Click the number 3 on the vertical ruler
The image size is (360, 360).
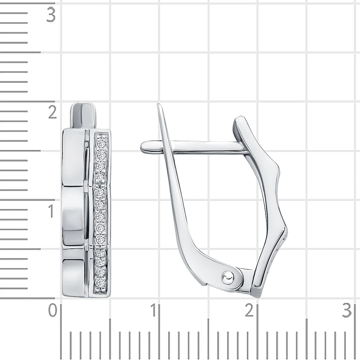51,15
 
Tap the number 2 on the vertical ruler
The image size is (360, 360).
53,112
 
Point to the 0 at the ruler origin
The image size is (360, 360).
53,310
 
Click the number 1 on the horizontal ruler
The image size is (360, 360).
153,310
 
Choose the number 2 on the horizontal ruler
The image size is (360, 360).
249,310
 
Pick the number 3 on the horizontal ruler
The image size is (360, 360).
347,310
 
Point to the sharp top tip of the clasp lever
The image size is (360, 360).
158,103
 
